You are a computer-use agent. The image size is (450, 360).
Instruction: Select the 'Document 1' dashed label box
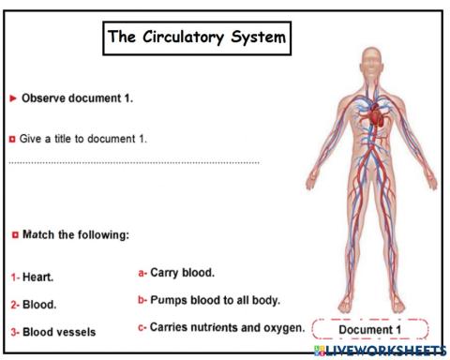(369, 330)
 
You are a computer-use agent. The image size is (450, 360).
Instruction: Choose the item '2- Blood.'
(34, 305)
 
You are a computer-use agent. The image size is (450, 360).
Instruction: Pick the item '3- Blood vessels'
(52, 332)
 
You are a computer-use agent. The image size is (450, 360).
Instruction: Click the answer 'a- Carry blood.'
(176, 273)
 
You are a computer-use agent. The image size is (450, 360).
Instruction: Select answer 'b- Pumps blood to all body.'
(208, 301)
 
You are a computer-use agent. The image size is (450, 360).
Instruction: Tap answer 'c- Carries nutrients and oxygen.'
(220, 327)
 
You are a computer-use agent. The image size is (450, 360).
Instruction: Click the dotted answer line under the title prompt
(134, 162)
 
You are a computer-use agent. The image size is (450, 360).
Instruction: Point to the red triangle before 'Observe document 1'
(12, 97)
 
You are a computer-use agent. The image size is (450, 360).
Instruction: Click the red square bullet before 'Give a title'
(12, 139)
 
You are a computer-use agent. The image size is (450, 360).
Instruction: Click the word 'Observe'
(45, 97)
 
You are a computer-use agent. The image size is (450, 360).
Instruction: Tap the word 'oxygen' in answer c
(283, 327)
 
